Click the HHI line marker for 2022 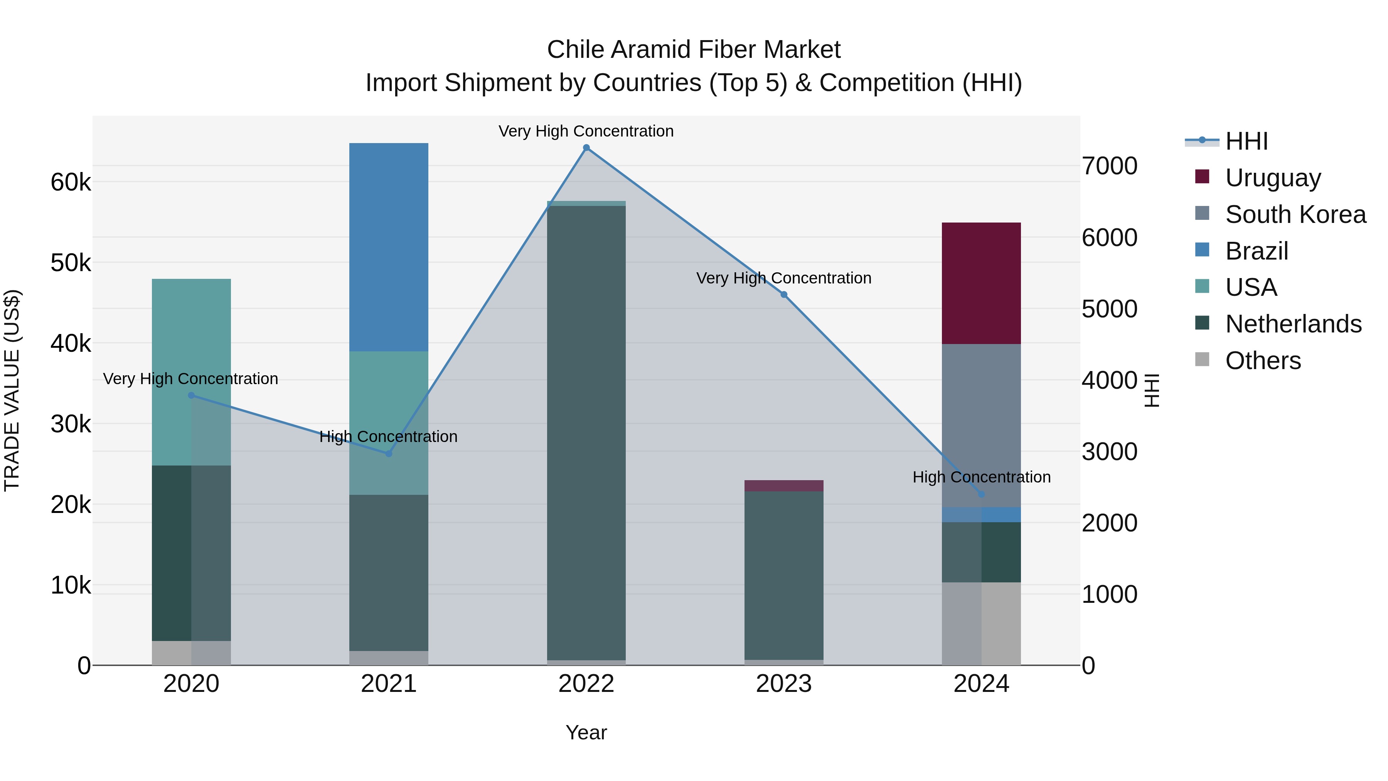[x=586, y=148]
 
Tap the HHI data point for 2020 [x=191, y=395]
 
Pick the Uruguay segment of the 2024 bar [x=981, y=283]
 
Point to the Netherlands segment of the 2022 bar [x=586, y=431]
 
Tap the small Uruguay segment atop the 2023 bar [x=784, y=486]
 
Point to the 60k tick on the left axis [x=71, y=182]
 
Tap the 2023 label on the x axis [x=784, y=684]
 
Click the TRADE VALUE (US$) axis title [x=12, y=390]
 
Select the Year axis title [x=586, y=732]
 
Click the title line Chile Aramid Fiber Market [x=694, y=50]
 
